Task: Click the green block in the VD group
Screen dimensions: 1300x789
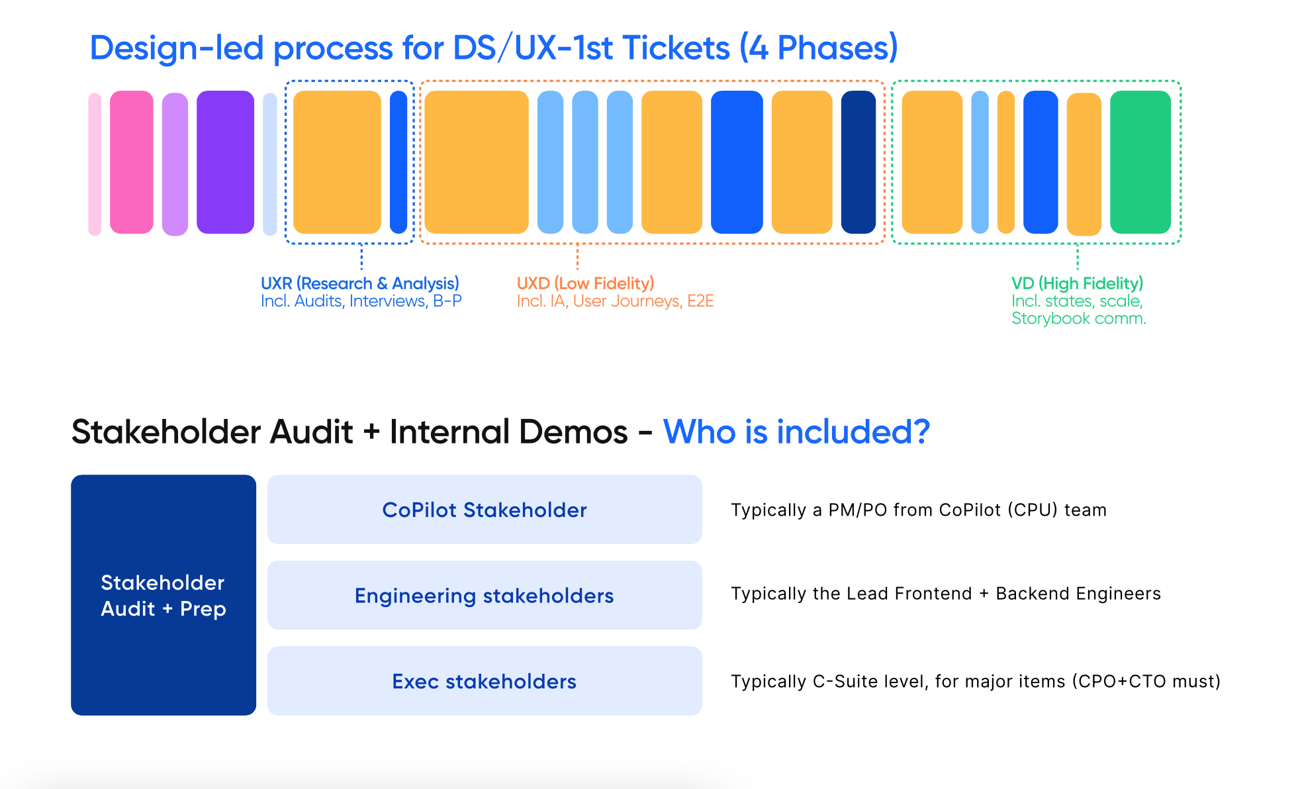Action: pyautogui.click(x=1140, y=162)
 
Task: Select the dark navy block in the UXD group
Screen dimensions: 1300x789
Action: pyautogui.click(x=859, y=162)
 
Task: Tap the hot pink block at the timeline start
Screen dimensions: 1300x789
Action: pyautogui.click(x=132, y=162)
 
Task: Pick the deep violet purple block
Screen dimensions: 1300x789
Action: pyautogui.click(x=225, y=162)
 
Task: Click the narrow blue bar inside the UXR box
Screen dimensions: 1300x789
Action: pyautogui.click(x=398, y=162)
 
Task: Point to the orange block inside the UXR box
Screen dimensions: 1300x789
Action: pyautogui.click(x=337, y=162)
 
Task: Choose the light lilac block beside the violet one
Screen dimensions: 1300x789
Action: pyautogui.click(x=175, y=164)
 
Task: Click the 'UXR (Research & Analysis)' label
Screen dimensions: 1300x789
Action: pyautogui.click(x=359, y=283)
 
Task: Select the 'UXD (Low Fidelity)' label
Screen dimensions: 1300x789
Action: pyautogui.click(x=585, y=283)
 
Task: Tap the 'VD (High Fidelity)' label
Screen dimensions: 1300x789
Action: pyautogui.click(x=1077, y=283)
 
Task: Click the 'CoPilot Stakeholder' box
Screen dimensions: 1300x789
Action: pyautogui.click(x=485, y=509)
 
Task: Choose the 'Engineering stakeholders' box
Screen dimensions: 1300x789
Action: pyautogui.click(x=485, y=595)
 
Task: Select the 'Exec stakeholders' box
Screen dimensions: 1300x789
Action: pyautogui.click(x=485, y=680)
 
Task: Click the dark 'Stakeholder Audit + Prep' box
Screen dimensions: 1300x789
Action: pyautogui.click(x=163, y=594)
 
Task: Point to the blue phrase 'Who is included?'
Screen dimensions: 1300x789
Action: pyautogui.click(x=796, y=432)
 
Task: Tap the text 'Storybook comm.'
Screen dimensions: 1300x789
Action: pyautogui.click(x=1078, y=318)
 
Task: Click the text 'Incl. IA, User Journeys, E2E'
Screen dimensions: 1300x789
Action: pyautogui.click(x=615, y=301)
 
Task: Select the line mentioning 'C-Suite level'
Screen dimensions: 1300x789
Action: pyautogui.click(x=976, y=681)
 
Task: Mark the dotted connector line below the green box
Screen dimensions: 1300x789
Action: pyautogui.click(x=1078, y=257)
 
